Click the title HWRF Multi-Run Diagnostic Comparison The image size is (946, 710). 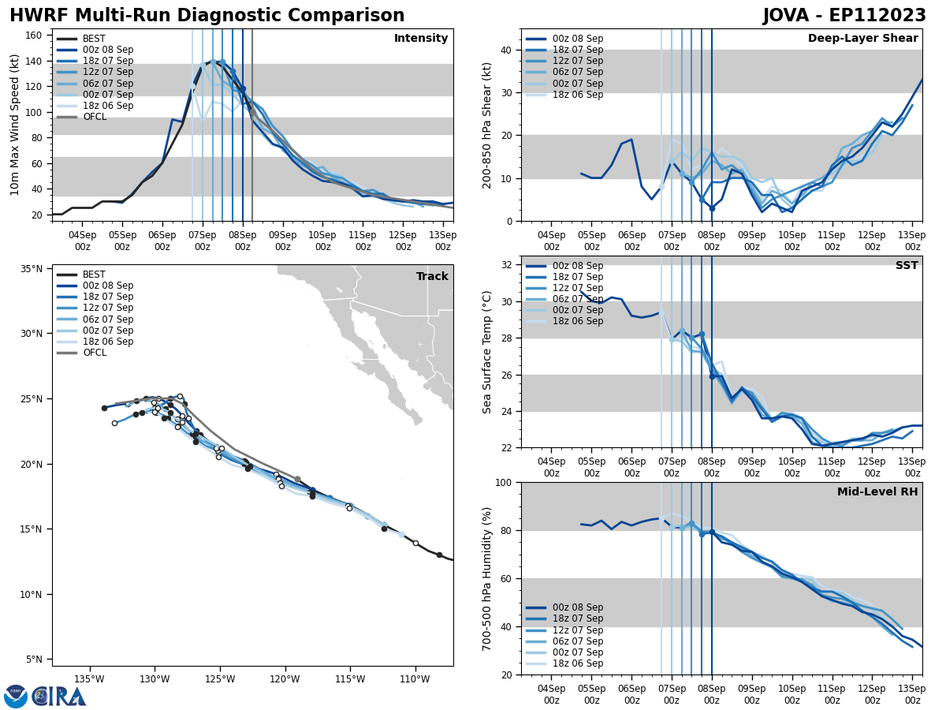pos(207,16)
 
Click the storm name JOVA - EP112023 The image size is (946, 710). pos(844,16)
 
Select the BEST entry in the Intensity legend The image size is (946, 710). pos(94,39)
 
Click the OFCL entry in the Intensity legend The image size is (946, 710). pos(95,117)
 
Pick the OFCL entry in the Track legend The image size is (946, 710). pos(95,353)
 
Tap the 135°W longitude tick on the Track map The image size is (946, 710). pos(89,679)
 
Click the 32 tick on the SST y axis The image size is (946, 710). pos(507,265)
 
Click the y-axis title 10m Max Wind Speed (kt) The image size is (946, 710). pos(15,125)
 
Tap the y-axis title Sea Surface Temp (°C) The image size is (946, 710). pos(487,352)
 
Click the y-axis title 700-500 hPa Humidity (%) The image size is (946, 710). pos(487,578)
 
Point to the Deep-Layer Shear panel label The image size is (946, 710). pos(862,39)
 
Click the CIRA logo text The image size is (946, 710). pos(59,697)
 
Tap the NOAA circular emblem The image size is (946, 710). pos(16,697)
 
